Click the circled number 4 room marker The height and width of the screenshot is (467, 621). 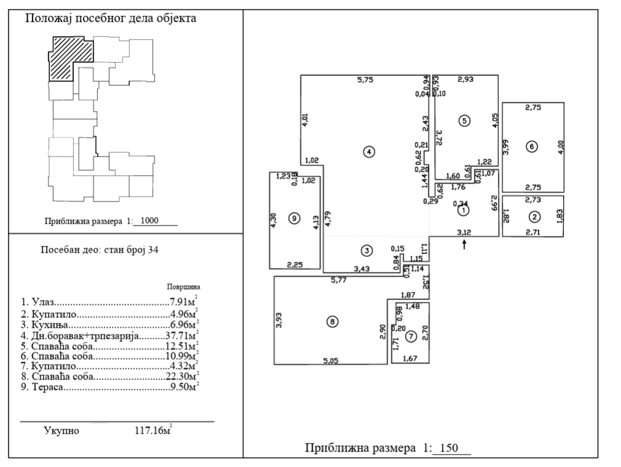coord(369,152)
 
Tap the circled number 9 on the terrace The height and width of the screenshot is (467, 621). coord(294,218)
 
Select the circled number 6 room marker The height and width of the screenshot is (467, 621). coord(532,147)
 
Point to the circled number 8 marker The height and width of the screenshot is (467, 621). coord(332,322)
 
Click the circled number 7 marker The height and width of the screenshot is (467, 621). coord(411,336)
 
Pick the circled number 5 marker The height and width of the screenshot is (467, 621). coord(464,121)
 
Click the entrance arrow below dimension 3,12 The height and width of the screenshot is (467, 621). coord(464,244)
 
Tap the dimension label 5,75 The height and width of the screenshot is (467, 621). coord(365,80)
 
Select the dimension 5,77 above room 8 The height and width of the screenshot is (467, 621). coord(339,280)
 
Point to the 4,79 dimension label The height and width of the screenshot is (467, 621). coord(328,219)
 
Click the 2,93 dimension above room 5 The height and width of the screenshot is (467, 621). coord(465,79)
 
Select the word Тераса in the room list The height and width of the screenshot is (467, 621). coord(47,387)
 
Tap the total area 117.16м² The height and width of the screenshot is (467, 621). coord(153,430)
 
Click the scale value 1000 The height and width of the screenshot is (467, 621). coord(150,221)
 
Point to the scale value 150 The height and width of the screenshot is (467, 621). coord(449,448)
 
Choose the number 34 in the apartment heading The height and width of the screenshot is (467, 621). coord(153,250)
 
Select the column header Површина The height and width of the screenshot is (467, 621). coord(183,287)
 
